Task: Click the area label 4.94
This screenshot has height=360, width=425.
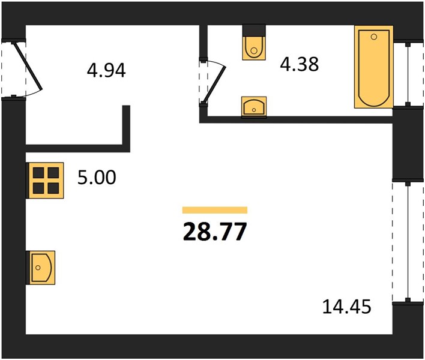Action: [106, 70]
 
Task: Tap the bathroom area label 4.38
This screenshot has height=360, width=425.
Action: [299, 64]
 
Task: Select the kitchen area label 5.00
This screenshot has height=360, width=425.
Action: [97, 178]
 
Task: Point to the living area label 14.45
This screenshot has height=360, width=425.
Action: [347, 307]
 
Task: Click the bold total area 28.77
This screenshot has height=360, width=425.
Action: [215, 232]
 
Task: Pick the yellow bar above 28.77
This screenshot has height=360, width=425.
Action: [215, 210]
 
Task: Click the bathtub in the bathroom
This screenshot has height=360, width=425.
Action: [374, 67]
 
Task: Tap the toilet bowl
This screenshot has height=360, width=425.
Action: [254, 47]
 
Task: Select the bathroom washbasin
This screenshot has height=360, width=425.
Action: [254, 107]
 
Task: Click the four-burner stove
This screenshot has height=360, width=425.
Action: [45, 181]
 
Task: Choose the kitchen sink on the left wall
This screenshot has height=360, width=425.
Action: [41, 268]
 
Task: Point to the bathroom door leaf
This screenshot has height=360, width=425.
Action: [216, 84]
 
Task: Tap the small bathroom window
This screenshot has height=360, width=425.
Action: [408, 73]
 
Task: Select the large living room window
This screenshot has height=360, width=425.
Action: [408, 241]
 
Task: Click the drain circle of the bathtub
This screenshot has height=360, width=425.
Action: [374, 37]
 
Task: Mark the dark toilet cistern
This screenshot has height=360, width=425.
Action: [254, 31]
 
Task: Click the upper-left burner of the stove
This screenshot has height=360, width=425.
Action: [38, 173]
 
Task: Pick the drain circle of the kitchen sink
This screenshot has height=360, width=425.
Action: [38, 268]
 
